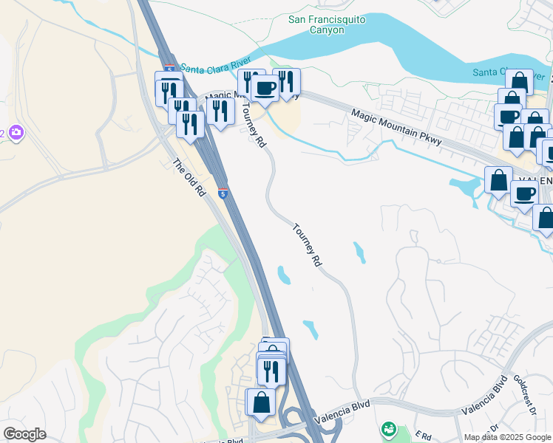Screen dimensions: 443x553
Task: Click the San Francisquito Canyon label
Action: click(x=326, y=24)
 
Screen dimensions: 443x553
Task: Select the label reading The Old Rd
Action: click(x=189, y=178)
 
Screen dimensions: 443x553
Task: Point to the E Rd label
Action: click(x=423, y=436)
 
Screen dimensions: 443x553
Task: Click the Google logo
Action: click(x=24, y=434)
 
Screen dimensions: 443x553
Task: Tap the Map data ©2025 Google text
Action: click(x=506, y=437)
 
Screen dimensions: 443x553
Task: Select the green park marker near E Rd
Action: click(x=387, y=428)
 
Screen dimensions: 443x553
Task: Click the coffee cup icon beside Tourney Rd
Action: click(x=265, y=89)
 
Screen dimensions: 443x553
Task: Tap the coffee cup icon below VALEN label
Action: click(x=525, y=195)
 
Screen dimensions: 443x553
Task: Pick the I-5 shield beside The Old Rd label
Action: click(x=223, y=193)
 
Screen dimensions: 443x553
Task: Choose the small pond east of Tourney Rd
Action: click(x=359, y=252)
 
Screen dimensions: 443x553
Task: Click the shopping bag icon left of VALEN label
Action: click(x=498, y=179)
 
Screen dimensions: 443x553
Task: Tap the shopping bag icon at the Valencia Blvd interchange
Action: click(x=261, y=402)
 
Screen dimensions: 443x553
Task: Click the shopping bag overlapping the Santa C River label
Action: click(x=519, y=82)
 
